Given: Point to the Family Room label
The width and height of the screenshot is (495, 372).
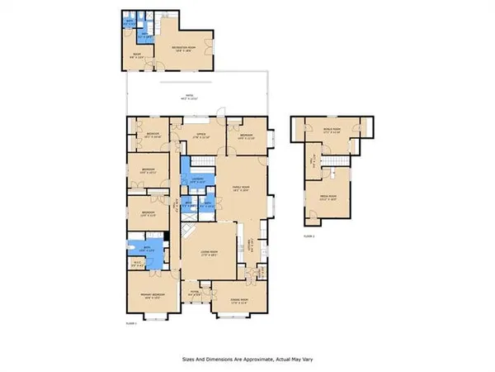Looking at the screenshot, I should pyautogui.click(x=240, y=188).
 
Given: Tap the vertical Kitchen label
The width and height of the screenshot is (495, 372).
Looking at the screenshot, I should pyautogui.click(x=250, y=245).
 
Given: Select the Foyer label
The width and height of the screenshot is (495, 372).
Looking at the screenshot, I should pyautogui.click(x=195, y=291).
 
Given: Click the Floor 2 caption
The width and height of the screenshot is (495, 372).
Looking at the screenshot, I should pyautogui.click(x=308, y=235).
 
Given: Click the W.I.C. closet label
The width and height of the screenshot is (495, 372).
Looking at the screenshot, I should pyautogui.click(x=138, y=265).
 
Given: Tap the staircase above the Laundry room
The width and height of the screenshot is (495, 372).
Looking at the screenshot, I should pyautogui.click(x=200, y=160).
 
